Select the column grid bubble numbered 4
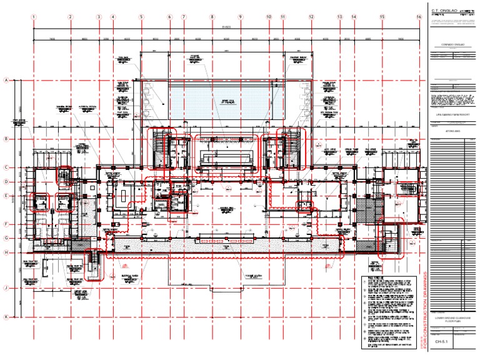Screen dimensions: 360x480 [x=112, y=17]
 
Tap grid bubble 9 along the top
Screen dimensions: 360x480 [x=240, y=17]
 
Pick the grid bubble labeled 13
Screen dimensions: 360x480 [x=339, y=17]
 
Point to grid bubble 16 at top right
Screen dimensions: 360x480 [x=419, y=17]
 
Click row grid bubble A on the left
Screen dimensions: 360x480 [x=6, y=80]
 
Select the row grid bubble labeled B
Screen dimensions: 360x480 [x=6, y=139]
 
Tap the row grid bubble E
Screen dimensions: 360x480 [x=6, y=196]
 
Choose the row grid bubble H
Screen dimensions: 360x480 [x=6, y=252]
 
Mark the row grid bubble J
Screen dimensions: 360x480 [x=6, y=288]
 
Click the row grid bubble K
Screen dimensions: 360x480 [x=6, y=317]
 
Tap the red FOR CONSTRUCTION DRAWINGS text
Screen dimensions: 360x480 [x=423, y=309]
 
